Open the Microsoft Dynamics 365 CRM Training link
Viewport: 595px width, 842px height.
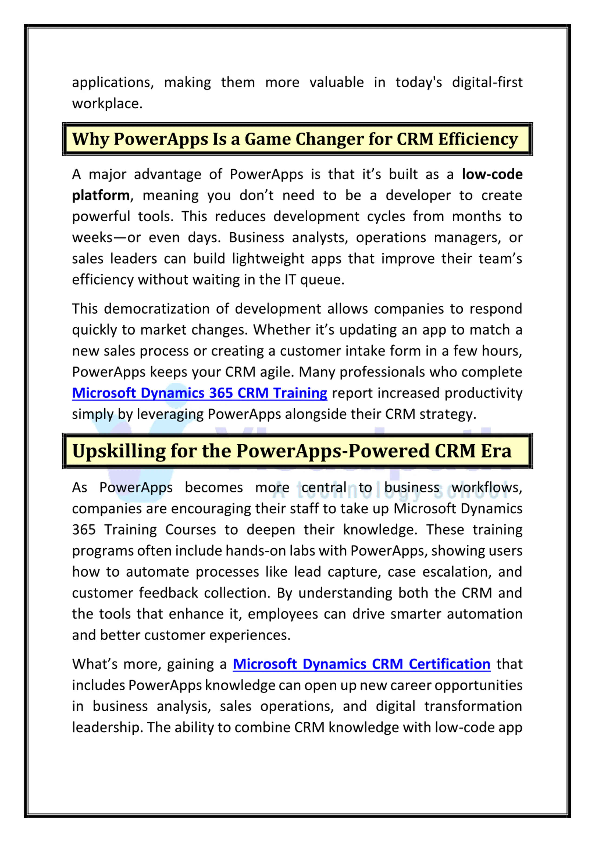coord(199,393)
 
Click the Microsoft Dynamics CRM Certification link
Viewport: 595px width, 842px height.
coord(361,664)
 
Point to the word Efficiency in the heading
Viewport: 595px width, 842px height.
coord(478,139)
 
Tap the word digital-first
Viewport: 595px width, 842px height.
coord(487,83)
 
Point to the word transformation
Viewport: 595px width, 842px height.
coord(473,706)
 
